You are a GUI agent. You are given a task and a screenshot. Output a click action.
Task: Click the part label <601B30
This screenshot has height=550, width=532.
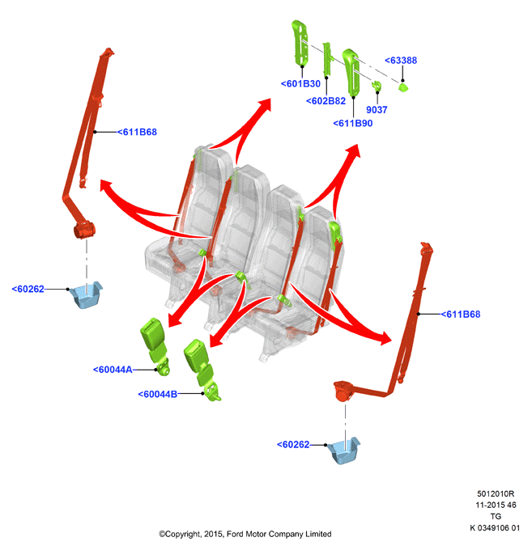tap(300, 84)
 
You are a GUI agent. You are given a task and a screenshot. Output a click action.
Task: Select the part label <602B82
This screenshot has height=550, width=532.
tap(326, 101)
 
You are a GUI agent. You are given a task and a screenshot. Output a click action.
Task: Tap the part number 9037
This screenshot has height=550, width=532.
tap(377, 110)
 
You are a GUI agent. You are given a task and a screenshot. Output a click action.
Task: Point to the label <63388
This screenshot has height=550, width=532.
tap(401, 61)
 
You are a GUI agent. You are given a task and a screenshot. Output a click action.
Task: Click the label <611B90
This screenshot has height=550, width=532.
tap(352, 124)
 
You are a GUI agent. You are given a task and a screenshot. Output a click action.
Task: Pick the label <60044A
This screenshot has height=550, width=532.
tap(113, 370)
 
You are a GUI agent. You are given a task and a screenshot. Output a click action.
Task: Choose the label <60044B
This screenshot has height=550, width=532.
tap(158, 394)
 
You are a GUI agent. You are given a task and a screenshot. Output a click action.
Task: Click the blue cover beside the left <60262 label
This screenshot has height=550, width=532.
tap(86, 294)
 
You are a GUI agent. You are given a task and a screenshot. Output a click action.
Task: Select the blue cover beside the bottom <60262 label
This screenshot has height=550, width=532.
tap(343, 451)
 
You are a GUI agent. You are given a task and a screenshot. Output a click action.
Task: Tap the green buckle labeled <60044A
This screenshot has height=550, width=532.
tap(155, 346)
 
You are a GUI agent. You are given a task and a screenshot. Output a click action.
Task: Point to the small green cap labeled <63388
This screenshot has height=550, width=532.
tap(403, 87)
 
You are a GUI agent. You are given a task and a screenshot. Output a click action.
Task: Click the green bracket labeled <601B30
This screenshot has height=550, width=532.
tap(300, 43)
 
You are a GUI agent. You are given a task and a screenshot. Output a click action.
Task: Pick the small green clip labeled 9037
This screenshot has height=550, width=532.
tap(377, 87)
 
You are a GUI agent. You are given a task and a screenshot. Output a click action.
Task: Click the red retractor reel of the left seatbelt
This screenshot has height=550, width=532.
tap(84, 230)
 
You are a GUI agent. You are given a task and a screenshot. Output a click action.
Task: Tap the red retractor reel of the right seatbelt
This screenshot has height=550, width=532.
tap(343, 390)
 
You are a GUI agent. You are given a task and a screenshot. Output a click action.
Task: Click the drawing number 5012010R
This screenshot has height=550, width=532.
tap(495, 494)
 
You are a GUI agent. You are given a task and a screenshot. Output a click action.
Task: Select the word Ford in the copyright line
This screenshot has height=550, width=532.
tap(235, 534)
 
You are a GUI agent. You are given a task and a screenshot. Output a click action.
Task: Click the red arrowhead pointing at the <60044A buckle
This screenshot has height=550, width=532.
tap(174, 319)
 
